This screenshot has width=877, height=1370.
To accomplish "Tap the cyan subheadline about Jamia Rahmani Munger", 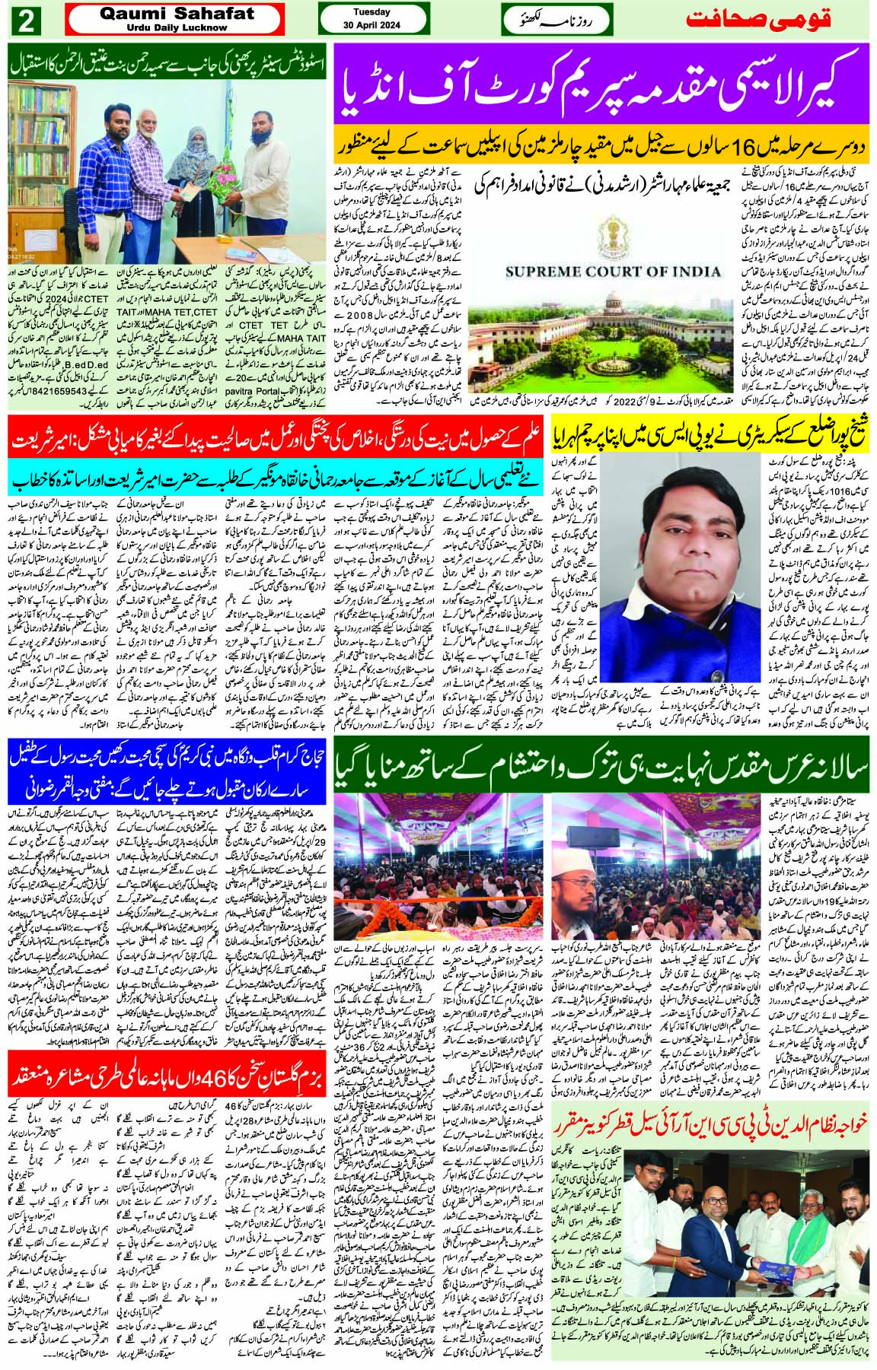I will click(278, 481).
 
